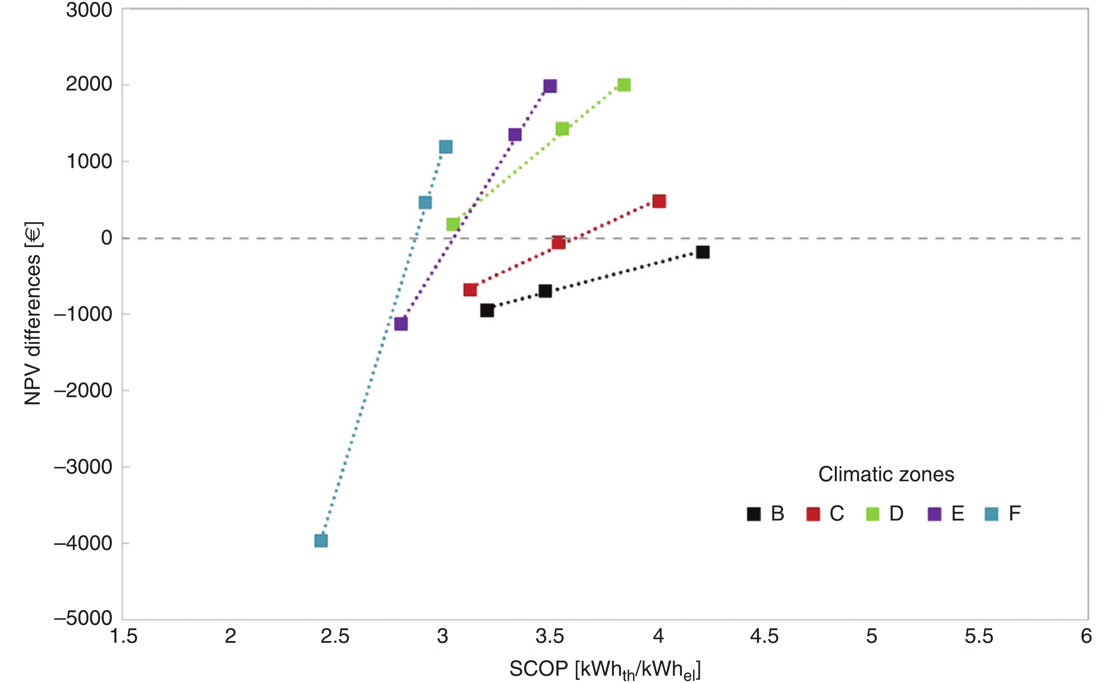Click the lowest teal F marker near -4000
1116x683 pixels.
coord(321,541)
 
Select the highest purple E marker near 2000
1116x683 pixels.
coord(550,86)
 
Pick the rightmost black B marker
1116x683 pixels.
coord(703,252)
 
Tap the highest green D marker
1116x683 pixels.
coord(624,85)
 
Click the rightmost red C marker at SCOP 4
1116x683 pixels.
coord(659,201)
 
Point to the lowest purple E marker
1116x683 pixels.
coord(401,324)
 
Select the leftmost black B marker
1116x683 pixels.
coord(487,310)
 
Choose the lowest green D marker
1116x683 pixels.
coord(453,224)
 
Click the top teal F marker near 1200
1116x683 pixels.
coord(446,147)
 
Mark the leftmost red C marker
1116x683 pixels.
coord(470,290)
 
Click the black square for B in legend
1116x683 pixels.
coord(754,514)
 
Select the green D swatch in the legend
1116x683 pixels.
coord(872,514)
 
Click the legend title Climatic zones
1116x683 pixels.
coord(886,475)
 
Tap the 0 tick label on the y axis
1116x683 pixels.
coord(107,238)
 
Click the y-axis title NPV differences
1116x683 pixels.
coord(33,313)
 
